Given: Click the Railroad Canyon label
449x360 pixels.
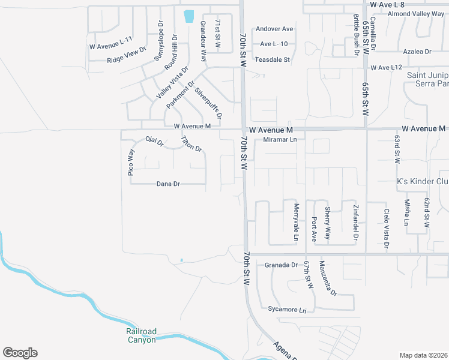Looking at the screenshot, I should (141, 335).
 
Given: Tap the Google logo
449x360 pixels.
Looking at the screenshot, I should (20, 353).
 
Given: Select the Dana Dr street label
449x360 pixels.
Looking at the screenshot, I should (168, 184).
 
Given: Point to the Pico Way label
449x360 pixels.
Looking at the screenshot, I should (130, 162).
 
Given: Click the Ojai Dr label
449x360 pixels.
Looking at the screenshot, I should (154, 142).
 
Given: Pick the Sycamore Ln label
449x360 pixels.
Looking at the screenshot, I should (287, 310).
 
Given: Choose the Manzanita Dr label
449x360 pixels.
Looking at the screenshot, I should (328, 278).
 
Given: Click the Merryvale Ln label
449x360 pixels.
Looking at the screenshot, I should (296, 222).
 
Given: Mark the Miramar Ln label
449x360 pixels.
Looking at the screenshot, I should (280, 140).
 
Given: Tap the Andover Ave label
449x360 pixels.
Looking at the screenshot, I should (274, 29).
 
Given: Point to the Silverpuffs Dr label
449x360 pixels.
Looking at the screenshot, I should (208, 102).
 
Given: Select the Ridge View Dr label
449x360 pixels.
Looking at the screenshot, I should (127, 55).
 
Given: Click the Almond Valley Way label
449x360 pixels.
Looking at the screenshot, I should (416, 14).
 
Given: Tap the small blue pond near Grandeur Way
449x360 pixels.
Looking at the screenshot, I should (190, 16).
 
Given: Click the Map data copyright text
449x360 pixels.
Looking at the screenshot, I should (424, 355).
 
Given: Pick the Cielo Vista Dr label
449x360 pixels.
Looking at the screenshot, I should (386, 227).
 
